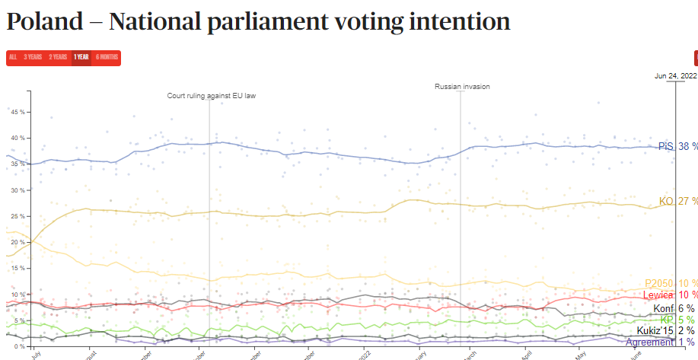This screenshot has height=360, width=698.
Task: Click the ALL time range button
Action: coord(12,57)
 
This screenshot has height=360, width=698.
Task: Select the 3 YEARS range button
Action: coord(33,57)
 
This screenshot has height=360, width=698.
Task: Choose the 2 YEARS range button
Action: coord(58,57)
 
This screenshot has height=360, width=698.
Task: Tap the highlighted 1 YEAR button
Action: coord(82,57)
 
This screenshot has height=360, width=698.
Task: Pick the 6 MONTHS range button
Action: coord(107,57)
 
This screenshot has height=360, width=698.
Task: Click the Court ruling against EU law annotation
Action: coord(212,96)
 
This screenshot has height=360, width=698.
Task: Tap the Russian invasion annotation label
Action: coord(462,87)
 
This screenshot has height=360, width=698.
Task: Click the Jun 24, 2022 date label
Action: coord(676,75)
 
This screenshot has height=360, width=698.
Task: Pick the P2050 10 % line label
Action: coord(671,283)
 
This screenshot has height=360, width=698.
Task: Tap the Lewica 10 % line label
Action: coord(670,295)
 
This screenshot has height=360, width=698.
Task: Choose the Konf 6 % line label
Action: coord(674,307)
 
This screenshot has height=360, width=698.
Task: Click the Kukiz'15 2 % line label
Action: coord(665,330)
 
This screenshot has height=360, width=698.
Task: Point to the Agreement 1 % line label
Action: coord(660,342)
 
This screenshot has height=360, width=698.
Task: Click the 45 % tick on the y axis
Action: coord(17,112)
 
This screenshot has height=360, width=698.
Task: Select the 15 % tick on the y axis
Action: coord(17,268)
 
